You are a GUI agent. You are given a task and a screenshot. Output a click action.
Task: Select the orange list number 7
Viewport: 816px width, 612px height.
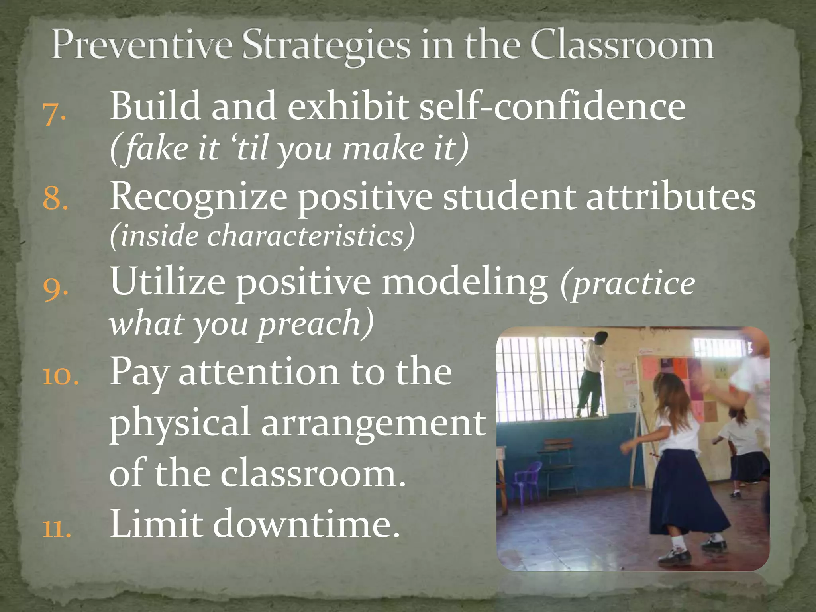click(54, 114)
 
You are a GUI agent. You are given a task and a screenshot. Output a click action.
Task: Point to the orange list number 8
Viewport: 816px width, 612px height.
click(55, 198)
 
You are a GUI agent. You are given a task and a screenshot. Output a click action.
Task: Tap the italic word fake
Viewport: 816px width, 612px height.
click(155, 148)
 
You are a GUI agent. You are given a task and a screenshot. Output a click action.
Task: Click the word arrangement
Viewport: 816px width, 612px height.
click(373, 423)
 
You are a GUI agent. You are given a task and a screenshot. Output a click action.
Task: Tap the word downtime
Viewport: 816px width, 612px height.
click(305, 524)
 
